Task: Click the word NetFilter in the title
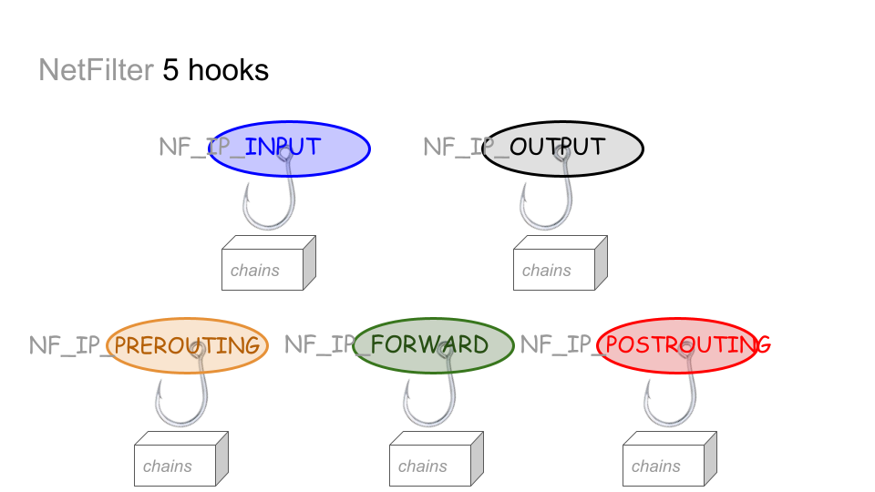(96, 70)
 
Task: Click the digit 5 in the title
(171, 70)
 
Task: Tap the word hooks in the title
(228, 70)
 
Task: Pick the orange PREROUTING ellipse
(188, 345)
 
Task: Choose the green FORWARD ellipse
(433, 345)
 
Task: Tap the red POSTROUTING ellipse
(677, 345)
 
